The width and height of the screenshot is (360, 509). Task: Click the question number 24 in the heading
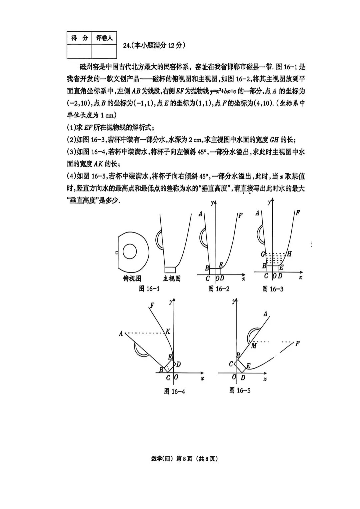click(x=127, y=46)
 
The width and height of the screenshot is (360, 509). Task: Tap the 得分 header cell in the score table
click(x=79, y=38)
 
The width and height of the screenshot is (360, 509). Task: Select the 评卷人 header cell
click(x=104, y=38)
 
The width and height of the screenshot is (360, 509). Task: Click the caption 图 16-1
click(x=149, y=289)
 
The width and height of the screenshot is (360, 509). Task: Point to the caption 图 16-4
click(x=174, y=391)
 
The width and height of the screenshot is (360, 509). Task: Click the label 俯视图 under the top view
click(x=132, y=278)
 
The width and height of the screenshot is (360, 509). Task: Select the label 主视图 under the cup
click(x=172, y=278)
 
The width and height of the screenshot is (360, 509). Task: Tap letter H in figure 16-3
click(x=289, y=254)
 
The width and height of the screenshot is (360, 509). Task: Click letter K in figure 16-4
click(x=168, y=331)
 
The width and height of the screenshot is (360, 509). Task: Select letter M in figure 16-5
click(x=254, y=346)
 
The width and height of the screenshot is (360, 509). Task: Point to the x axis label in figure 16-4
click(x=202, y=378)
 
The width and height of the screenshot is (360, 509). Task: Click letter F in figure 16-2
click(x=241, y=215)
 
